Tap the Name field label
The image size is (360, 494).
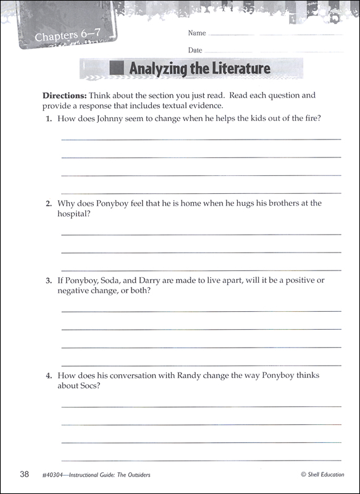pyautogui.click(x=196, y=33)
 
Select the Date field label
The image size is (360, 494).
pyautogui.click(x=195, y=49)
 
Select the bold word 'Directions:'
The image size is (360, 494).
pyautogui.click(x=64, y=96)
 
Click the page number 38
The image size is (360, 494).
pyautogui.click(x=24, y=474)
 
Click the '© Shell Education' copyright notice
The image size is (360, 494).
pyautogui.click(x=322, y=475)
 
